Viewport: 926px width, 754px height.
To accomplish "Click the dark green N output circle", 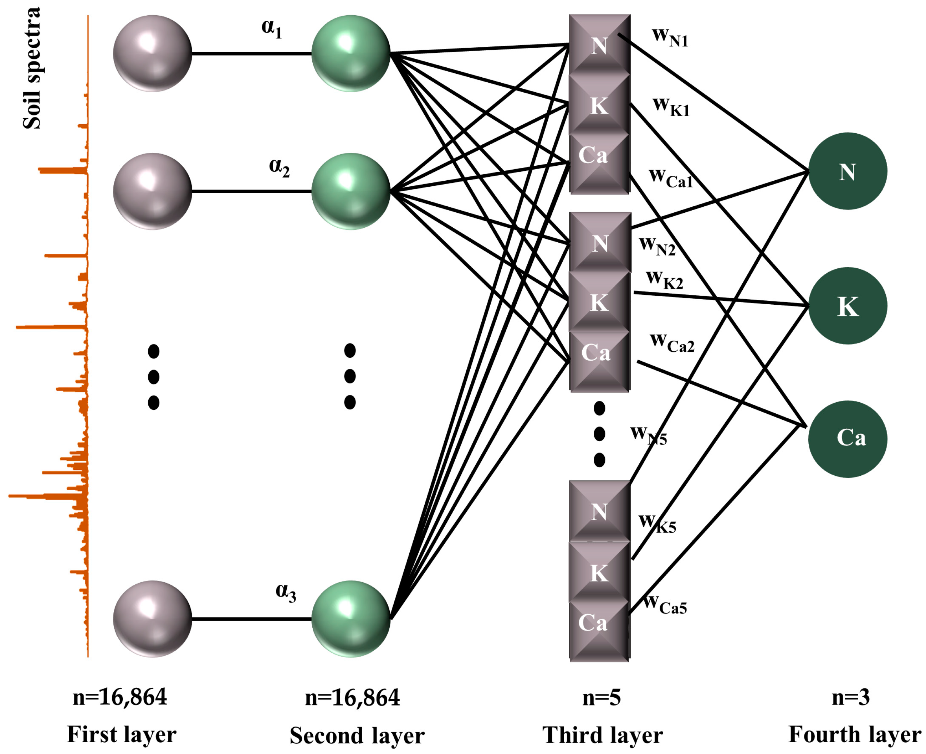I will [847, 171].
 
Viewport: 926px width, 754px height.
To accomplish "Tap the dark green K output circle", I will [847, 305].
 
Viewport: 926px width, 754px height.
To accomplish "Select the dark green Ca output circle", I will [847, 438].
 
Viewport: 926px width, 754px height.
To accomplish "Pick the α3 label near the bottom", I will [286, 592].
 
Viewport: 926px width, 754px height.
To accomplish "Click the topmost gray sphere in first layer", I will [152, 53].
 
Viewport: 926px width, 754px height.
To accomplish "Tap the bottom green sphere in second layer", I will [351, 619].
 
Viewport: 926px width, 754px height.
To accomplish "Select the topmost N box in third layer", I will [599, 45].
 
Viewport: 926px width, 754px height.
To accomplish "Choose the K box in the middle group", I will [599, 301].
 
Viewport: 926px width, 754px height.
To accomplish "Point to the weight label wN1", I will [670, 37].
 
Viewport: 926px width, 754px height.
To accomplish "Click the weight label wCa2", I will [672, 343].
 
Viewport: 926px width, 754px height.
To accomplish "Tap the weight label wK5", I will [657, 523].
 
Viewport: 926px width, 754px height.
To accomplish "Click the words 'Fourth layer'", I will [854, 734].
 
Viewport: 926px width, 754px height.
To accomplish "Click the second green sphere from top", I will [351, 191].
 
